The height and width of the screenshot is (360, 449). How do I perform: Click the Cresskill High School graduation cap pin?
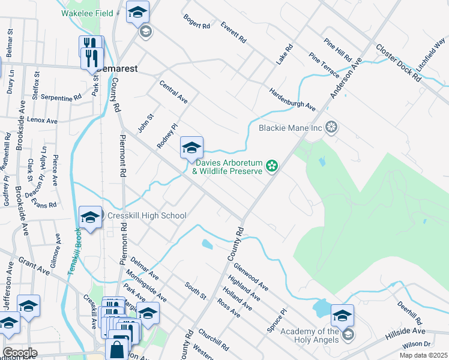point(90,217)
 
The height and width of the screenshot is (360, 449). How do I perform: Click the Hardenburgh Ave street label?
point(292,99)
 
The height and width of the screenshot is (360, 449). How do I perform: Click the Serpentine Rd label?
point(61,98)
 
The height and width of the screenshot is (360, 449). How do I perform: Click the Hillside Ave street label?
point(405,331)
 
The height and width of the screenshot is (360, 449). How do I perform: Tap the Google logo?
point(19,353)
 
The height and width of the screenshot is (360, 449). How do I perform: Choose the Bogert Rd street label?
point(197,22)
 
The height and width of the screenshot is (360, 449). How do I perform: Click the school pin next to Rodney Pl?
point(191,148)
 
